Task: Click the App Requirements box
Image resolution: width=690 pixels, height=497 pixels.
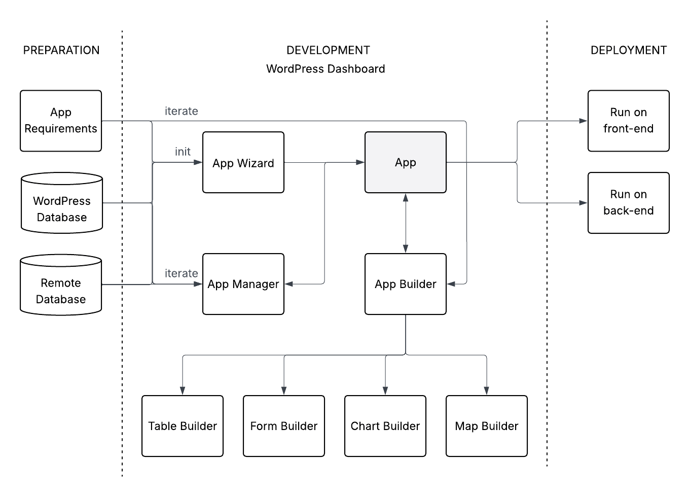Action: pyautogui.click(x=61, y=121)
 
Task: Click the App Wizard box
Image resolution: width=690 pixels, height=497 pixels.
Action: pyautogui.click(x=243, y=162)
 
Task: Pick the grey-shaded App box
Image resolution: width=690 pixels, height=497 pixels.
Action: pyautogui.click(x=406, y=162)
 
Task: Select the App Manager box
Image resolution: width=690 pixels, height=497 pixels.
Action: pyautogui.click(x=243, y=284)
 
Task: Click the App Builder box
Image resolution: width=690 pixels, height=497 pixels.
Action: pyautogui.click(x=406, y=284)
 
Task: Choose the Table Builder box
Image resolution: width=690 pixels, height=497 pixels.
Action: pyautogui.click(x=183, y=426)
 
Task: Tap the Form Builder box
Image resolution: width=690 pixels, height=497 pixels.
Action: pyautogui.click(x=284, y=426)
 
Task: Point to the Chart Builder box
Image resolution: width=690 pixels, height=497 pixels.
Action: pyautogui.click(x=385, y=426)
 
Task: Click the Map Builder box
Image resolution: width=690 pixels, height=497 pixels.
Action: pyautogui.click(x=487, y=426)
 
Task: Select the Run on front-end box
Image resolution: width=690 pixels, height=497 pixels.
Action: pyautogui.click(x=629, y=121)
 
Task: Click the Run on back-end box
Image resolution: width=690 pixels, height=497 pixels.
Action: pyautogui.click(x=629, y=203)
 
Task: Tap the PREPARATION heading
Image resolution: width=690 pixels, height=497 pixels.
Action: pyautogui.click(x=61, y=50)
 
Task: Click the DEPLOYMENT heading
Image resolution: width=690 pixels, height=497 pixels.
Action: pyautogui.click(x=629, y=50)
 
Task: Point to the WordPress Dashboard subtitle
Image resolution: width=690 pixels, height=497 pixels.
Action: pyautogui.click(x=325, y=69)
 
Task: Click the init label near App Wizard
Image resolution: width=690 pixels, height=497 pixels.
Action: pyautogui.click(x=183, y=152)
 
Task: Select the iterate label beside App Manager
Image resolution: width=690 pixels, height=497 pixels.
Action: pyautogui.click(x=181, y=273)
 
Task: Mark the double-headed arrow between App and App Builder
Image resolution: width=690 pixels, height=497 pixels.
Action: pyautogui.click(x=406, y=223)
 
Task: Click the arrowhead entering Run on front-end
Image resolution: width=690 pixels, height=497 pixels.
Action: pyautogui.click(x=583, y=121)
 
